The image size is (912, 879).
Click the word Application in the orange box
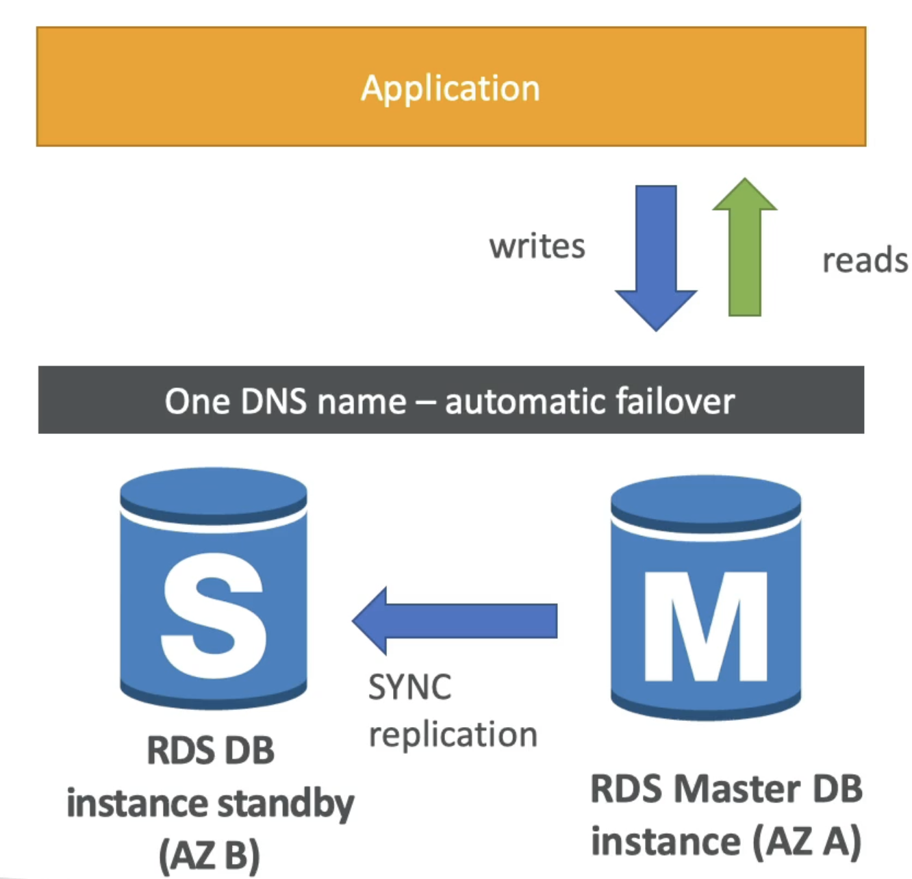point(451,89)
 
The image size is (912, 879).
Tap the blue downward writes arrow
point(656,258)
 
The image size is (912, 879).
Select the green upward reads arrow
point(745,247)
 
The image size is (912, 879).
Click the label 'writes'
point(537,246)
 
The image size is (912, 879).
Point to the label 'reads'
point(865,261)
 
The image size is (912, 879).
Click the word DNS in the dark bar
point(273,402)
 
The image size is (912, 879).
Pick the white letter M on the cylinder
point(706,626)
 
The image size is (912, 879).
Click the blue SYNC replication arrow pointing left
point(455,621)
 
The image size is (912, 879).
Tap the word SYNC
point(410,687)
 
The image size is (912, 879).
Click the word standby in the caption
point(286,804)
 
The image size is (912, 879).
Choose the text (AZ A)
point(807,841)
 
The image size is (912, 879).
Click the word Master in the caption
point(737,789)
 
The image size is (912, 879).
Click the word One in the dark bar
point(197,402)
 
